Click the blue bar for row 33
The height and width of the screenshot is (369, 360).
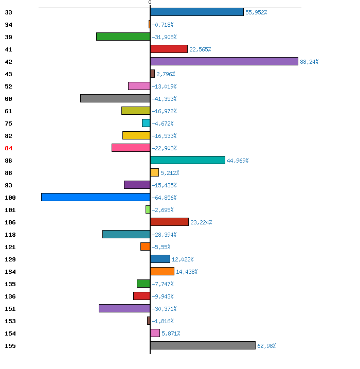pyautogui.click(x=197, y=12)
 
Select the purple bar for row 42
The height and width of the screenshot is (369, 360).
pyautogui.click(x=224, y=61)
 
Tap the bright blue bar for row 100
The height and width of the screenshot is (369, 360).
pyautogui.click(x=96, y=197)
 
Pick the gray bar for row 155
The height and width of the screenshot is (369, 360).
pyautogui.click(x=203, y=345)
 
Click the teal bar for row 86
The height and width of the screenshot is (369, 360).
pyautogui.click(x=188, y=160)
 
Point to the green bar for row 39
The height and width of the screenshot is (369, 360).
pyautogui.click(x=123, y=37)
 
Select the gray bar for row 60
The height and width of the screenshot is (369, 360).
pyautogui.click(x=115, y=98)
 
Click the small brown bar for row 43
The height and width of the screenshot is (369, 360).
pyautogui.click(x=152, y=74)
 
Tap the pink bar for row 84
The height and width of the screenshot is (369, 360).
pyautogui.click(x=131, y=148)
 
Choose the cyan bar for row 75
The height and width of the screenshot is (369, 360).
pyautogui.click(x=146, y=123)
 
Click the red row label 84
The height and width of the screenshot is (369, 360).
pyautogui.click(x=8, y=148)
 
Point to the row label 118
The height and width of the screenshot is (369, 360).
pyautogui.click(x=10, y=235)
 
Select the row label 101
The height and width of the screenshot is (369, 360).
pyautogui.click(x=10, y=210)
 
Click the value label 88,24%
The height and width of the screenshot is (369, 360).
pyautogui.click(x=309, y=62)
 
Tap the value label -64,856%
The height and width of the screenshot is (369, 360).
pyautogui.click(x=164, y=198)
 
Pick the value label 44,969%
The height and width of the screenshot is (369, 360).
pyautogui.click(x=238, y=161)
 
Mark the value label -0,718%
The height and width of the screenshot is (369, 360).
pyautogui.click(x=163, y=25)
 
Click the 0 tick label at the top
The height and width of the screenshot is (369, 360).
pyautogui.click(x=150, y=3)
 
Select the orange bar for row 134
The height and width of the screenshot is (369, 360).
pyautogui.click(x=162, y=271)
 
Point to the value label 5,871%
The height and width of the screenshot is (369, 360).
pyautogui.click(x=171, y=333)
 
